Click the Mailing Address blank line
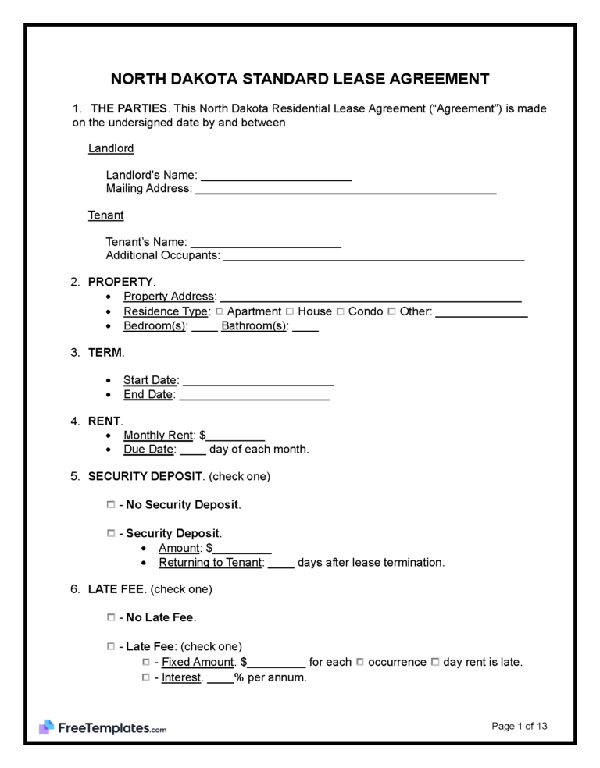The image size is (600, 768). point(345,189)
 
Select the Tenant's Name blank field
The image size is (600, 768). point(266,243)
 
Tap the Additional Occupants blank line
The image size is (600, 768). point(373,256)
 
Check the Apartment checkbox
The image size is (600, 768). point(220,311)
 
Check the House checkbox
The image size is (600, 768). point(290,311)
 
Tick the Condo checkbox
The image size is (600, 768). point(341,311)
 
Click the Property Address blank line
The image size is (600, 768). point(371,297)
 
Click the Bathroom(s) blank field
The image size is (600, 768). point(305,327)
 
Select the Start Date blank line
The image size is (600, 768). point(258,381)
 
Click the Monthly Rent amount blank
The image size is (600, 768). point(235,436)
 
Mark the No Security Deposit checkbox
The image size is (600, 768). point(110,505)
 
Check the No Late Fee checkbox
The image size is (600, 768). point(110,617)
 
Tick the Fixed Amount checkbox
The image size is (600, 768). point(146,662)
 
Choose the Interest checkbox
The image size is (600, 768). point(146,677)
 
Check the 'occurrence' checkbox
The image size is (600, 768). point(360,662)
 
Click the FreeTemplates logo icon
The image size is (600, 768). point(46,727)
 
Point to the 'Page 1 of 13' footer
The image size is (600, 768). point(520,726)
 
